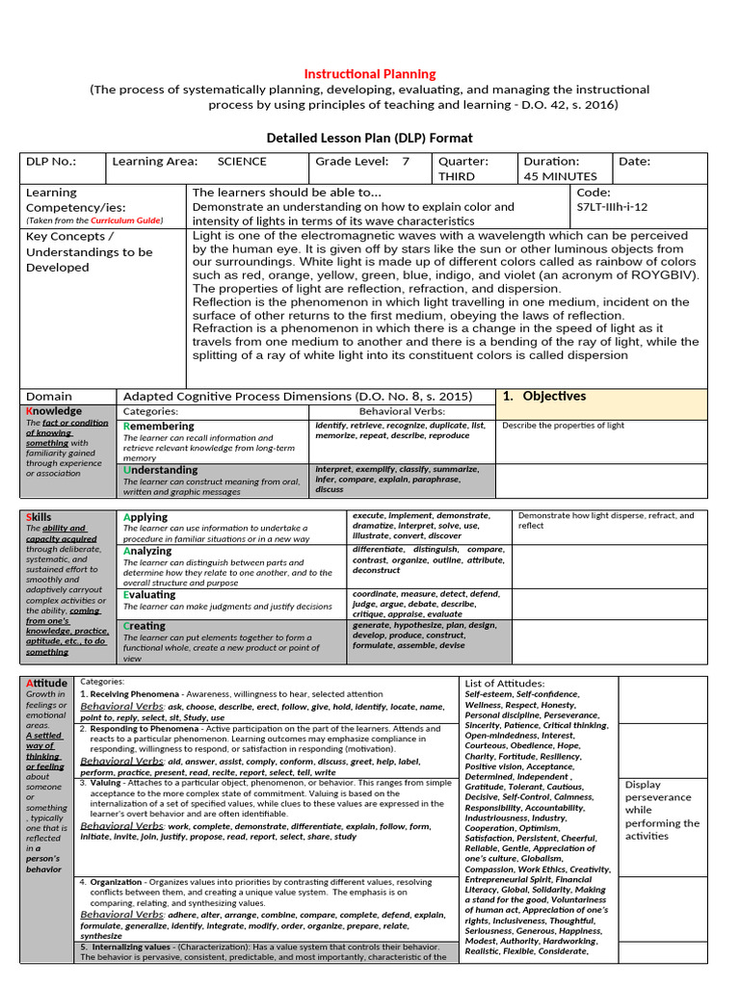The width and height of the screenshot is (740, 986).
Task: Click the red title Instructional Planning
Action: (370, 74)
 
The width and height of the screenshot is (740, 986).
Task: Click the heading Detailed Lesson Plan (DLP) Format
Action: (370, 138)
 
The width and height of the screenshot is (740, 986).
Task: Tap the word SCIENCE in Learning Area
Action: (242, 162)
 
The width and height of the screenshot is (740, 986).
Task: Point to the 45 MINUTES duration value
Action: (560, 177)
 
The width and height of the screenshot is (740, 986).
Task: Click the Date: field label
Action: (635, 162)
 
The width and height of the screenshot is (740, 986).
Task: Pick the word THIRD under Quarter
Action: (457, 177)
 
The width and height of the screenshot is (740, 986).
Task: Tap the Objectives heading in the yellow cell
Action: (554, 396)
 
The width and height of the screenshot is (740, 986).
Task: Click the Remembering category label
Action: (159, 426)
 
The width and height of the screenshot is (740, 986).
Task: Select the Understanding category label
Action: (161, 470)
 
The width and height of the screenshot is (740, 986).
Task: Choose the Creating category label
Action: (145, 626)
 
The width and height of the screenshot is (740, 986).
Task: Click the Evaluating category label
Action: (149, 595)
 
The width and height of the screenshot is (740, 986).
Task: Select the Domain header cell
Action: (49, 396)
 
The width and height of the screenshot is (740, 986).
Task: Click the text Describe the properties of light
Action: (563, 426)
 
